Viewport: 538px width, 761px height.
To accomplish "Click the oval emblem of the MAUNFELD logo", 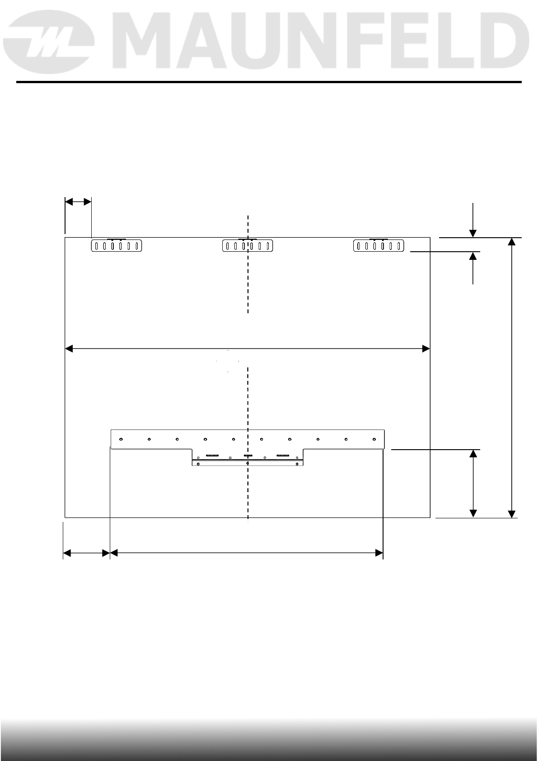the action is click(x=49, y=42).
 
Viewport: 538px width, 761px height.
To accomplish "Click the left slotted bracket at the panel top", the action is click(x=116, y=245).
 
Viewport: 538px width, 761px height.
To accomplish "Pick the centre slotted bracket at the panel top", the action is click(x=248, y=245).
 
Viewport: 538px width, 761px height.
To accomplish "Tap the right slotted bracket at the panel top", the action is click(x=379, y=245).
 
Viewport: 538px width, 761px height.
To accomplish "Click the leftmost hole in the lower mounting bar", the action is click(x=121, y=439).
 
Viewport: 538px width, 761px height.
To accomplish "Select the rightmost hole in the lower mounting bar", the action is click(x=374, y=439).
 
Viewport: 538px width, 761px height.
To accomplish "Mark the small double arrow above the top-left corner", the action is click(x=78, y=202).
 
